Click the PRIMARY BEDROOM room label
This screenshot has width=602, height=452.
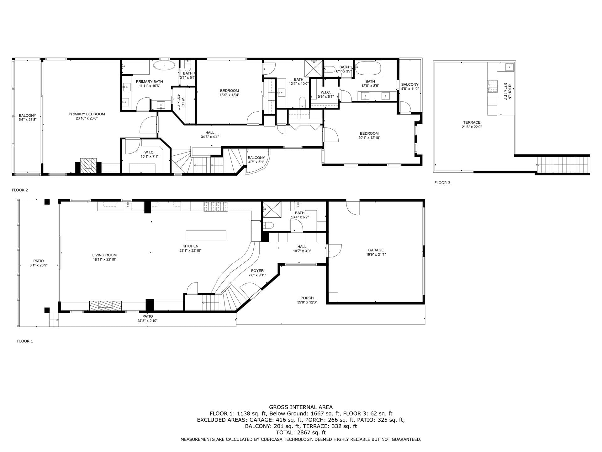point(87,114)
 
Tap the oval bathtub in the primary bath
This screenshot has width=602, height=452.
point(164,66)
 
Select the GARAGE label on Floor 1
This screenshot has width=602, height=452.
point(376,250)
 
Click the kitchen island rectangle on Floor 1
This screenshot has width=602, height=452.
point(206,235)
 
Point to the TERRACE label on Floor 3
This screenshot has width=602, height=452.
point(472,123)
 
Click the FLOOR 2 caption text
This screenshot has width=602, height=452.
point(20,190)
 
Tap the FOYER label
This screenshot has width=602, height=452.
point(257,271)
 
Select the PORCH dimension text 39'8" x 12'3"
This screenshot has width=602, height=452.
point(307,302)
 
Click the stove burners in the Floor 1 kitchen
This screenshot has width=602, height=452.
point(216,206)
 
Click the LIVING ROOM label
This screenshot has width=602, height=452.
point(104,255)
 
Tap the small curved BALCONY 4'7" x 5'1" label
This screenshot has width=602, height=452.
point(256,158)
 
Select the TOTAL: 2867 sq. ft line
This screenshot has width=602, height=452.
point(301,433)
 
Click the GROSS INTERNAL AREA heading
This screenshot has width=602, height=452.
point(301,407)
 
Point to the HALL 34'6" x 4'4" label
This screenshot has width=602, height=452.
point(210,133)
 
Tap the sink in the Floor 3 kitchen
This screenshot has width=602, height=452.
point(509,67)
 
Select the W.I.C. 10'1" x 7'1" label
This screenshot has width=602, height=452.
point(149,152)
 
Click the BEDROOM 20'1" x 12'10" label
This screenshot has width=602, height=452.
point(369,133)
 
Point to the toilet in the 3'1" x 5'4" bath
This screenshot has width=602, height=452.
point(188,67)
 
